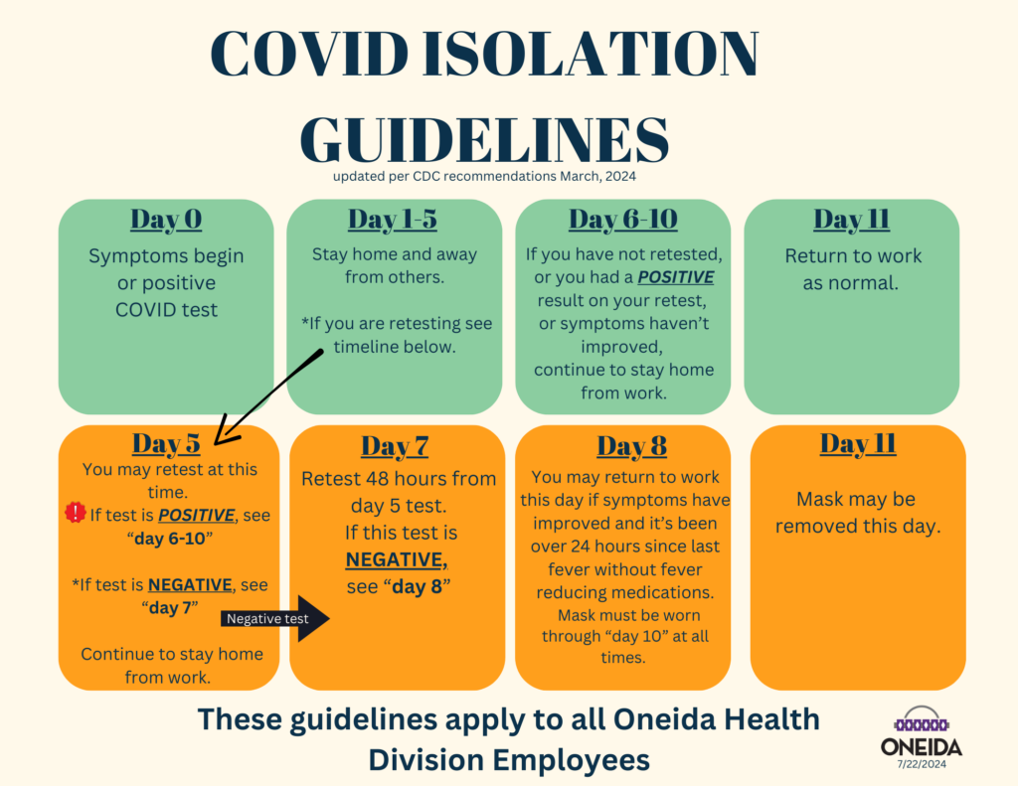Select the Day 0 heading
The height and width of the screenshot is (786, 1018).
[166, 220]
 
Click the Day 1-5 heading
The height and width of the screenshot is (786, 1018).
[394, 220]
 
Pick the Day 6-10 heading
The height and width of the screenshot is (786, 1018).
[622, 220]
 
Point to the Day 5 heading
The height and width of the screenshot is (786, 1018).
[166, 443]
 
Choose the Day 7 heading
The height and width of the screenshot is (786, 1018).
[394, 447]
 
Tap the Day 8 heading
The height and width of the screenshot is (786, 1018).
[631, 447]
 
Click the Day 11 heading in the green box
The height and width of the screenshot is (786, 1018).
[851, 220]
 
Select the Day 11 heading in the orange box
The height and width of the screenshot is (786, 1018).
[858, 444]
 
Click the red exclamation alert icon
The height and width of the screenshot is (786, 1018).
[76, 513]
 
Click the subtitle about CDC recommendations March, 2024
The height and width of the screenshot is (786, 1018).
[484, 177]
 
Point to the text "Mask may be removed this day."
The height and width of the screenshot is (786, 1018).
[857, 513]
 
